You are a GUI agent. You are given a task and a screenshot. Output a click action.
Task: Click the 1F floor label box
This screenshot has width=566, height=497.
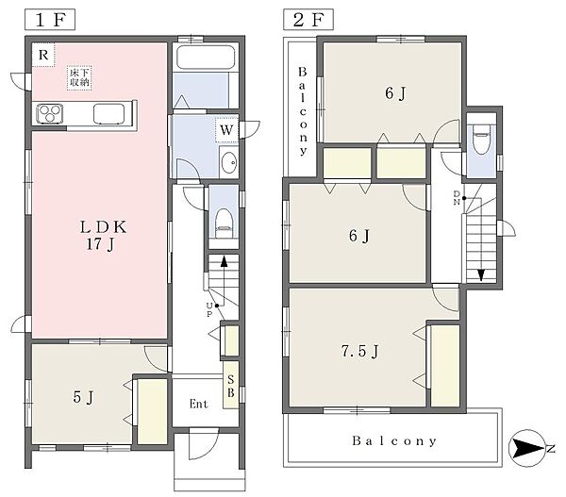[50, 20]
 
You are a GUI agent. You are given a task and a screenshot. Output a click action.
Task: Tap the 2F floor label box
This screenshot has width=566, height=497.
[308, 20]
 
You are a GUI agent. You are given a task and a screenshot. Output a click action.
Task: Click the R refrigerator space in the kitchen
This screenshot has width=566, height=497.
[43, 55]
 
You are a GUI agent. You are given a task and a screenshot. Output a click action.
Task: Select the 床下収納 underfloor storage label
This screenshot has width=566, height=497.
[79, 77]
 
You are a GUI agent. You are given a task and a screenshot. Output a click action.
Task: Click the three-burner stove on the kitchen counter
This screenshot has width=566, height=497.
[50, 113]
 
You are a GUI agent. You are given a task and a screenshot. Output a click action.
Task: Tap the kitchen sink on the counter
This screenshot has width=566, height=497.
[108, 113]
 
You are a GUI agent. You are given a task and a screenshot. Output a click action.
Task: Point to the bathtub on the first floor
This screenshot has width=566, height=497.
[206, 58]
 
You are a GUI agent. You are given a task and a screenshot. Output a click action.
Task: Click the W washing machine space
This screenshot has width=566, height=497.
[226, 130]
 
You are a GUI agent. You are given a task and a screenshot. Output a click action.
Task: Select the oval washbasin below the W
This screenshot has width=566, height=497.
[228, 162]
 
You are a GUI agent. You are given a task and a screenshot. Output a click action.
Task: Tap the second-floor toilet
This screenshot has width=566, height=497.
[481, 140]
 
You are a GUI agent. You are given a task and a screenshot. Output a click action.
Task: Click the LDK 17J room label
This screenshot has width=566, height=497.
[103, 236]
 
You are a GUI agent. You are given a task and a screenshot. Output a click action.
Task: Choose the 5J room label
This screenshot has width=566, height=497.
[83, 397]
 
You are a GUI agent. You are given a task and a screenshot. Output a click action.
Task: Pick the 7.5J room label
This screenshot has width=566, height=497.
[359, 351]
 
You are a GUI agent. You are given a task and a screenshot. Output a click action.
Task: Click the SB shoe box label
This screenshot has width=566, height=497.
[231, 386]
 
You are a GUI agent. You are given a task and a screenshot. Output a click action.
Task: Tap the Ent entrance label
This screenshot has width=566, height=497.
[198, 404]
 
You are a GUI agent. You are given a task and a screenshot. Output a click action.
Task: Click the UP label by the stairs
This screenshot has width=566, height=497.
[209, 310]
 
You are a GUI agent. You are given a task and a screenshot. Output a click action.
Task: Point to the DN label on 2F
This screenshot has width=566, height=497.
[457, 198]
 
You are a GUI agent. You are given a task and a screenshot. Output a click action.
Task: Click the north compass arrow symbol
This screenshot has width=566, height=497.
[527, 449]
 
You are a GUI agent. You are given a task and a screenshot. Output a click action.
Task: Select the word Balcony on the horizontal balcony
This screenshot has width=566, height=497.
[394, 440]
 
